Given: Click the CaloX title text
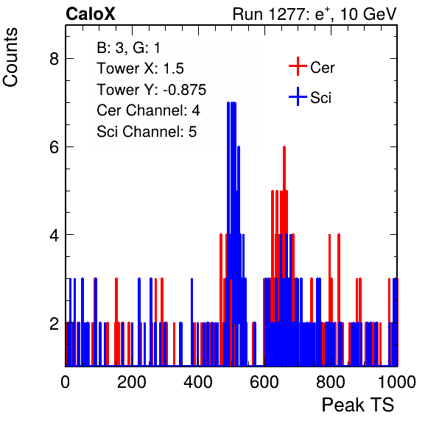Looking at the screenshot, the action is pyautogui.click(x=90, y=14).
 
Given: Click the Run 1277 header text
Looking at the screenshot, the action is pyautogui.click(x=315, y=14).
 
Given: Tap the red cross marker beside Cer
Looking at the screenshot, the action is pyautogui.click(x=298, y=66).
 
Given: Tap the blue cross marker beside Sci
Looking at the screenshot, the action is pyautogui.click(x=298, y=97).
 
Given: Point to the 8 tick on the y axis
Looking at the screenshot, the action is pyautogui.click(x=54, y=59).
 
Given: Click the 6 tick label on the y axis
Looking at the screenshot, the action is pyautogui.click(x=54, y=147).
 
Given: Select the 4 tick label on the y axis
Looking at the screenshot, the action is pyautogui.click(x=54, y=235).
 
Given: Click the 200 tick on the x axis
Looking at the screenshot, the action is pyautogui.click(x=132, y=382).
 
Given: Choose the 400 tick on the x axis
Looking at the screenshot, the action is pyautogui.click(x=198, y=382).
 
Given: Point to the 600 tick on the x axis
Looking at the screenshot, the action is pyautogui.click(x=264, y=382).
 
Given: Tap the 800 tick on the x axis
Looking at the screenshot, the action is pyautogui.click(x=331, y=382).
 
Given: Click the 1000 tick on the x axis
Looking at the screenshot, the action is pyautogui.click(x=397, y=382).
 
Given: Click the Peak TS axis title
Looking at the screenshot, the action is pyautogui.click(x=358, y=405).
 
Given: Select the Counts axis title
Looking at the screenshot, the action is pyautogui.click(x=10, y=57).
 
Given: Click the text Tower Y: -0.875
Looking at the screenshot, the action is pyautogui.click(x=151, y=90).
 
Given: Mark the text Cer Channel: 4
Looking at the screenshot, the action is pyautogui.click(x=148, y=110).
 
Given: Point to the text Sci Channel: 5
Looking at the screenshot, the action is pyautogui.click(x=147, y=132).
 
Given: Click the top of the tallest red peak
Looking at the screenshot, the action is pyautogui.click(x=284, y=147).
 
